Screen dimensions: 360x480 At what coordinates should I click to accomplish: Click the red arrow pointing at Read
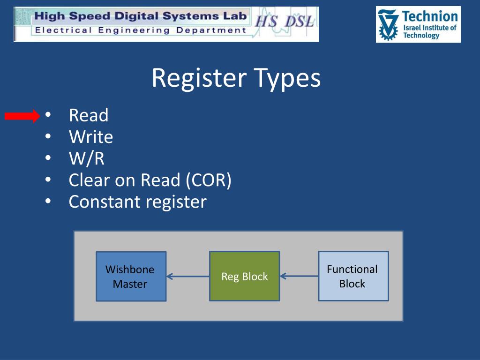22,116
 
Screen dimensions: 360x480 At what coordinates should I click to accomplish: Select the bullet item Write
91,137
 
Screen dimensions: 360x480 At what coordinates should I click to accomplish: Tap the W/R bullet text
86,159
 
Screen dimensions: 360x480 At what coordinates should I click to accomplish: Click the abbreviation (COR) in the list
209,180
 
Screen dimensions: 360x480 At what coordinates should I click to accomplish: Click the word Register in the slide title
199,78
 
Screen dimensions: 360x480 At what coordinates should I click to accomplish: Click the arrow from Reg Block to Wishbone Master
187,277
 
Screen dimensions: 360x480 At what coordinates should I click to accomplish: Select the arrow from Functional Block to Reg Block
299,277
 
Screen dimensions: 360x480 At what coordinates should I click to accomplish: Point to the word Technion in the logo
429,17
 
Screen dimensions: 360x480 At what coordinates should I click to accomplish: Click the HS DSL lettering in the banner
284,22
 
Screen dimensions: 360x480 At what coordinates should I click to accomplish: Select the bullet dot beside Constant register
48,202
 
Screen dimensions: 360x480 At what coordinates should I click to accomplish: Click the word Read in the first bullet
88,116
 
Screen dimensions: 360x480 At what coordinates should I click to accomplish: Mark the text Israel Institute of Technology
429,31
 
